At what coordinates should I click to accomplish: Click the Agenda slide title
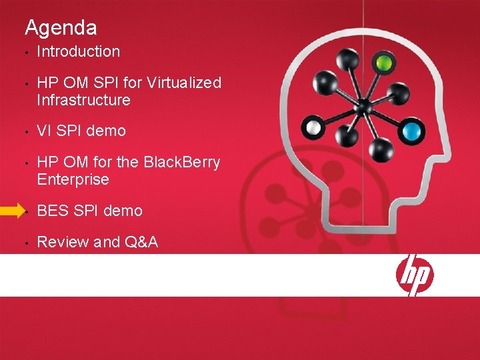coord(61,28)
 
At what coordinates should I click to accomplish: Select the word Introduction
coord(79,51)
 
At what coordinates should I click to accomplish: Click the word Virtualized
coord(183,83)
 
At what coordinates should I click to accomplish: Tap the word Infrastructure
coord(83,100)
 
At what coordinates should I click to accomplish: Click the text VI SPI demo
coord(81,131)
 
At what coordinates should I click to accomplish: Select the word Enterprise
coord(73,179)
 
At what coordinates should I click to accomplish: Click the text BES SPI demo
coord(89,211)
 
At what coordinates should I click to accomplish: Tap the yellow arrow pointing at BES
coord(11,211)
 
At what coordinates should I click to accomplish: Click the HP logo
coord(415,274)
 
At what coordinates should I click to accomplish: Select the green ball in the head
coord(383,63)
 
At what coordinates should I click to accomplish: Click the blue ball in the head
coord(414,129)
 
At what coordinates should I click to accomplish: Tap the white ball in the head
coord(313,127)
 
